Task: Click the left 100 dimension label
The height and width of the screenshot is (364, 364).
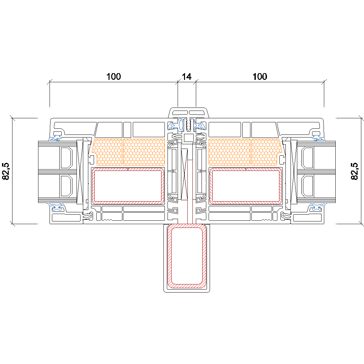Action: [114, 77]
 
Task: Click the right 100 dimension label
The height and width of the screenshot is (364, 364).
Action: [260, 77]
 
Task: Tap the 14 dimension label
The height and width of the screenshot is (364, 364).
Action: [187, 77]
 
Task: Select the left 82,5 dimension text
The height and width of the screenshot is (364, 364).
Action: [6, 171]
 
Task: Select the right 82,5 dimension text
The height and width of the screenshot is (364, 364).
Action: [355, 171]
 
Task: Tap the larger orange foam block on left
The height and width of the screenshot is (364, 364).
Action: [144, 152]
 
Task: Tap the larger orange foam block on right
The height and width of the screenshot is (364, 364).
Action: [230, 152]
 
